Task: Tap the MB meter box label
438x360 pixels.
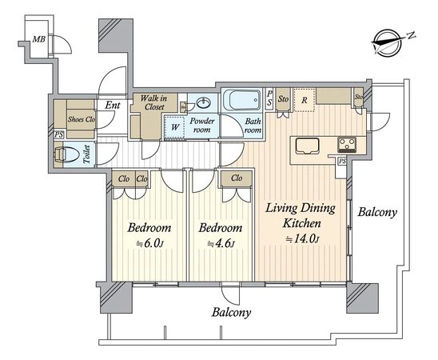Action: tap(39, 39)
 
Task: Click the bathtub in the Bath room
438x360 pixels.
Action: tap(242, 100)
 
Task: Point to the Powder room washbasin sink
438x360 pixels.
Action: tap(204, 103)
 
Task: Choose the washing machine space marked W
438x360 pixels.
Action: tap(174, 127)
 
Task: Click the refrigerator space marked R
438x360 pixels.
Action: tap(305, 100)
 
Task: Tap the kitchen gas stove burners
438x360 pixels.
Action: tap(347, 145)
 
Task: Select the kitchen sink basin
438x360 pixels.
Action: tap(307, 146)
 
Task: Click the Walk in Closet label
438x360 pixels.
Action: tap(154, 102)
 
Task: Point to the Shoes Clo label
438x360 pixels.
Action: tap(82, 119)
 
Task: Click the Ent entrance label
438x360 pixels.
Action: tap(113, 106)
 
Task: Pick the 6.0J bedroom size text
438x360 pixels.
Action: tap(149, 243)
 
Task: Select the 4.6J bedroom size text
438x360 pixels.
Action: tap(221, 243)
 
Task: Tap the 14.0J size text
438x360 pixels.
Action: tap(302, 239)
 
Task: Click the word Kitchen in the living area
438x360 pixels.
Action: tap(302, 223)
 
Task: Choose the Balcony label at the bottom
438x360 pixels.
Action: tap(231, 312)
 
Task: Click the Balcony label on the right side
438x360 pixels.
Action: tap(377, 212)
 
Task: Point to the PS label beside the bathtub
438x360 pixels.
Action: tap(269, 98)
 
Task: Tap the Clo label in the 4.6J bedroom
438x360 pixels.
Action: tap(237, 178)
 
